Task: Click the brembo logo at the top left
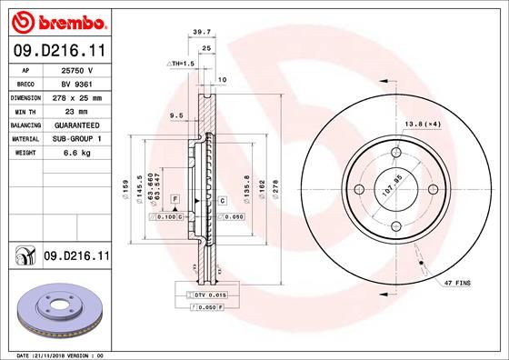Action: (56, 19)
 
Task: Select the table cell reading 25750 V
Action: (73, 69)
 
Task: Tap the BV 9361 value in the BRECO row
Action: (73, 83)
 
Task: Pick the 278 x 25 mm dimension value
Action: (73, 96)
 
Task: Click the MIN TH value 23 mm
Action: (73, 110)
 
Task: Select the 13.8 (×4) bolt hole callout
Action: (419, 123)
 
